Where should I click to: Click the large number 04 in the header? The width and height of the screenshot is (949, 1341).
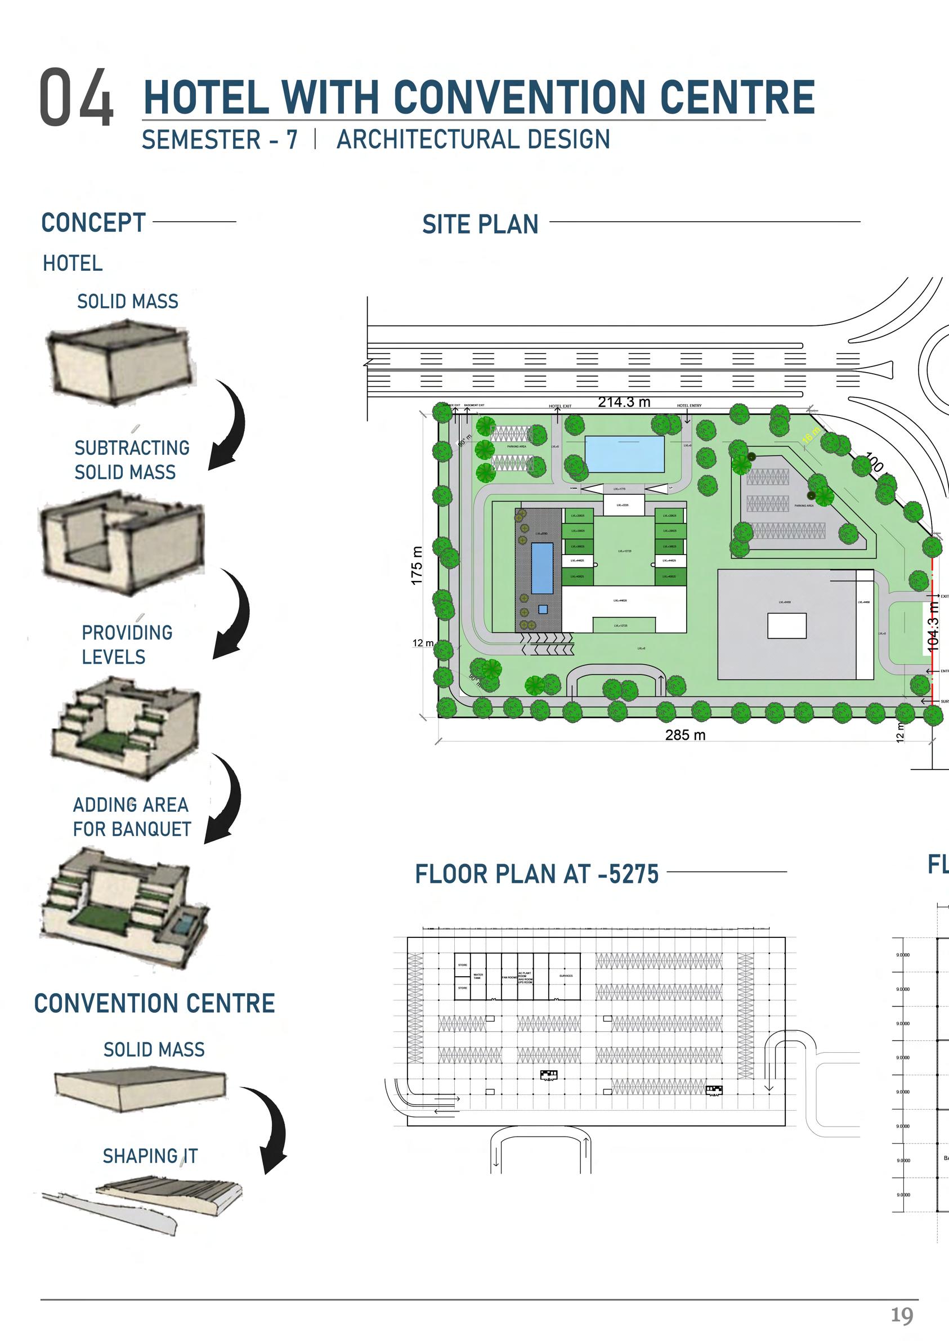coord(76,97)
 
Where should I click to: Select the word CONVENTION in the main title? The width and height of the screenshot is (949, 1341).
coord(520,97)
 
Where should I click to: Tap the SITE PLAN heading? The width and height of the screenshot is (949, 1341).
coord(480,225)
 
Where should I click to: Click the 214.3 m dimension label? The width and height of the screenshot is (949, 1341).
coord(624,402)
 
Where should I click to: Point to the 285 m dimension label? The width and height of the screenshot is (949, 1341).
coord(685,735)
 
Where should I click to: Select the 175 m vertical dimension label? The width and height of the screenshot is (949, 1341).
coord(416,565)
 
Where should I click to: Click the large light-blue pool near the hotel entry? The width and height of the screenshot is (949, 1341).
coord(624,453)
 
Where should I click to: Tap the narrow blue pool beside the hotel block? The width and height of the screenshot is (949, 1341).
coord(541,567)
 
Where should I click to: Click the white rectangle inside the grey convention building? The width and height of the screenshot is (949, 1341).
coord(786,626)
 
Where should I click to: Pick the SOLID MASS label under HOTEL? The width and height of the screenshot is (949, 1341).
coord(127,302)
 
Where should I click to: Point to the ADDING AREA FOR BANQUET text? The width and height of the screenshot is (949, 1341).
coord(132,817)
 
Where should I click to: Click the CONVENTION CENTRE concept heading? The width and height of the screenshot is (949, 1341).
coord(154,1003)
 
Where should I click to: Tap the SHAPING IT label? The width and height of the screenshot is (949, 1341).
coord(150,1156)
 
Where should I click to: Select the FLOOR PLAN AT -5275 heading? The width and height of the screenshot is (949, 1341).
coord(536,874)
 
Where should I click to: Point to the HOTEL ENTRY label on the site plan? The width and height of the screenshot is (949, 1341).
coord(689,405)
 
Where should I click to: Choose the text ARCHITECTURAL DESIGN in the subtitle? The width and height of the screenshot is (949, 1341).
coord(473,140)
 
